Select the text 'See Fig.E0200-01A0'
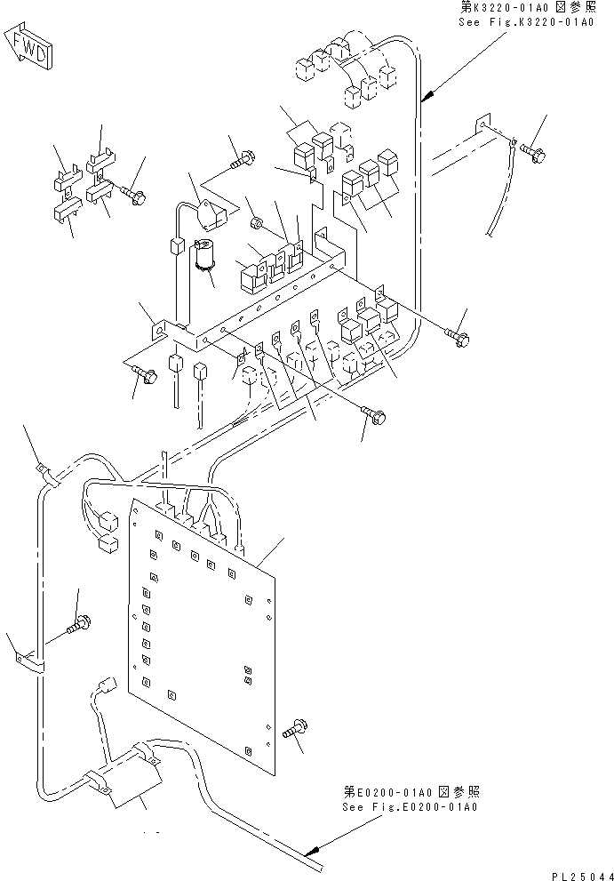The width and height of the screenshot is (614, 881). pos(410,807)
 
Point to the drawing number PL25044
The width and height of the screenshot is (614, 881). pos(578,874)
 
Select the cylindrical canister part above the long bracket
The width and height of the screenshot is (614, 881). pos(208,253)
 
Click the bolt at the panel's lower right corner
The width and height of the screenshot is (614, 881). pos(294,730)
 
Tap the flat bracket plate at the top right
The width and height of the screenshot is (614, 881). pos(484,130)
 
